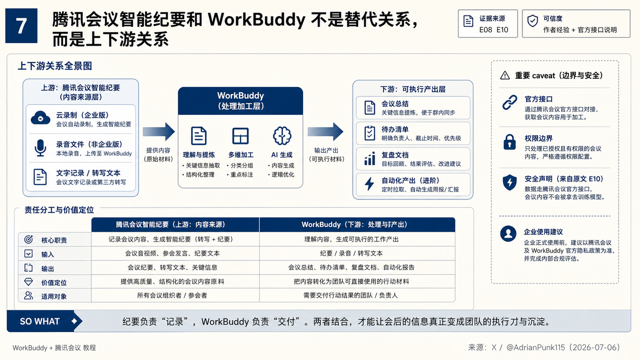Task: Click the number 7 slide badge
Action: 21,26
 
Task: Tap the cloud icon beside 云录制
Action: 40,117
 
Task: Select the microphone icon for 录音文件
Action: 40,148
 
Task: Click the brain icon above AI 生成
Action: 282,135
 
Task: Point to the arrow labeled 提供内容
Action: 159,132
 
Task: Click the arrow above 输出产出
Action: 325,132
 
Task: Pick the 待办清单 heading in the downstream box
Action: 395,129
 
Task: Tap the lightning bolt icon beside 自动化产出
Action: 369,184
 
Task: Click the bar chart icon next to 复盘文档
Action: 369,159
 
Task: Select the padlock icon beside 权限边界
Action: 509,142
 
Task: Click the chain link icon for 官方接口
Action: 510,103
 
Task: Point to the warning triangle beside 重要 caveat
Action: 505,75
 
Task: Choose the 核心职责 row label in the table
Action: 54,240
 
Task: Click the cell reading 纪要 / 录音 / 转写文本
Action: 351,253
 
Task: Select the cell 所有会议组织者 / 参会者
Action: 172,295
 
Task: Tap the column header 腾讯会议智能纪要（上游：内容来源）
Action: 171,225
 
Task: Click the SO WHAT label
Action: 40,321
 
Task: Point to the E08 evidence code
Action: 486,30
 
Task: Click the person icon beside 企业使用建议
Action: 508,233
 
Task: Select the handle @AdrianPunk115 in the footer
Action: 536,347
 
